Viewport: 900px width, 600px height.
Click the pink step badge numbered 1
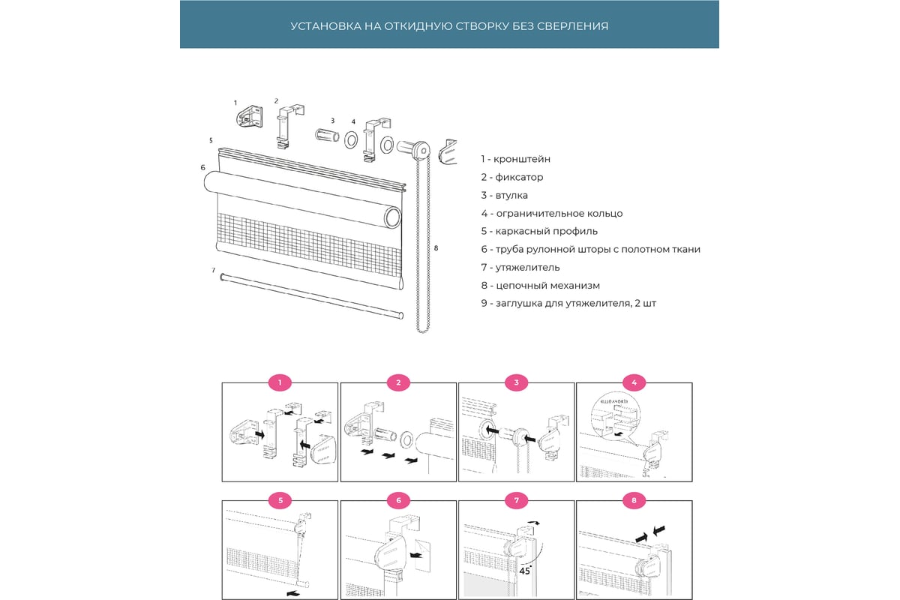click(280, 383)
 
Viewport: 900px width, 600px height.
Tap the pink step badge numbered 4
click(634, 383)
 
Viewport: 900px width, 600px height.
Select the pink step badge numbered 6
click(398, 499)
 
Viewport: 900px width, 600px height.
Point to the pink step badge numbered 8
click(634, 499)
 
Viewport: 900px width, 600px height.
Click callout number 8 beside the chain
click(436, 247)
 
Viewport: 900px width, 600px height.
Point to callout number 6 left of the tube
click(203, 167)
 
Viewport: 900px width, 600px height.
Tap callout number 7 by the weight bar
click(214, 270)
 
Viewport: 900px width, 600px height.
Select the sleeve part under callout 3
click(326, 138)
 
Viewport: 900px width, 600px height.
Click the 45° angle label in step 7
click(526, 570)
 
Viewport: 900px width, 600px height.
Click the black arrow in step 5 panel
click(295, 592)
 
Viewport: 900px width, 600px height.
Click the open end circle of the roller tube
click(393, 218)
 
